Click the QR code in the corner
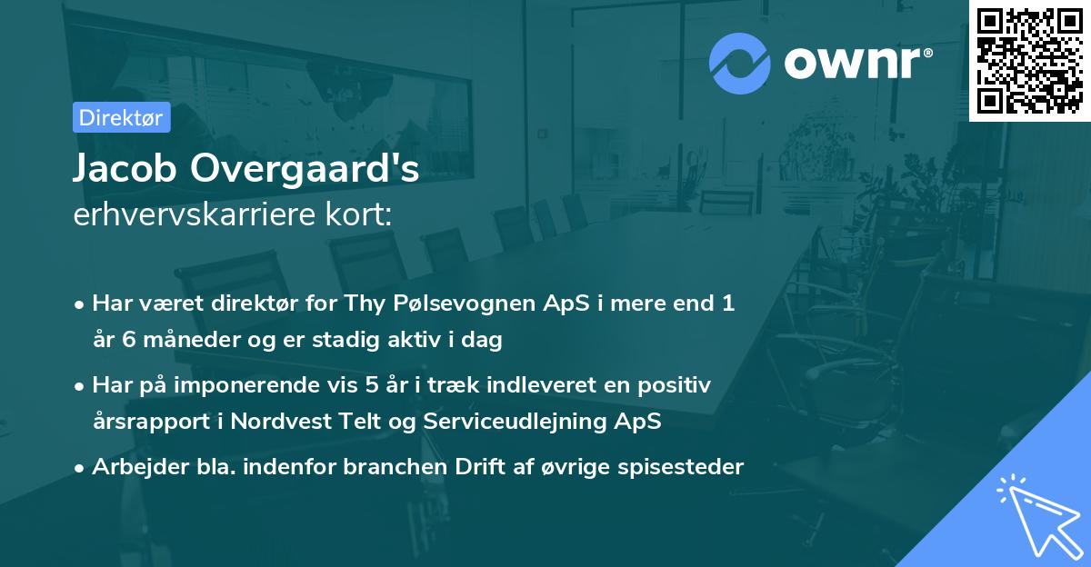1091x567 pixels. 1029,60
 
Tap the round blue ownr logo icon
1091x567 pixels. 739,64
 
